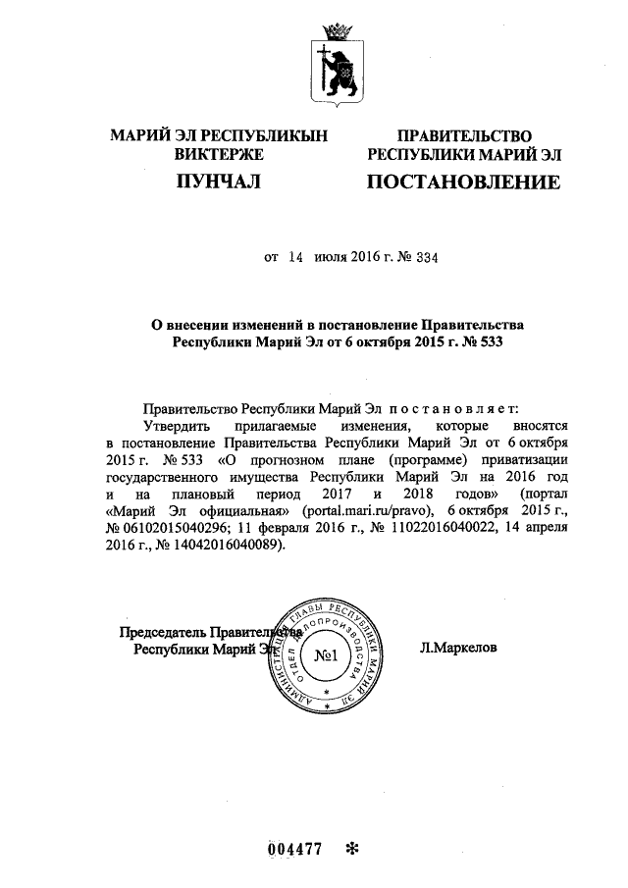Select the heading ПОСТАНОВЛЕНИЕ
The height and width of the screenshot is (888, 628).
[463, 183]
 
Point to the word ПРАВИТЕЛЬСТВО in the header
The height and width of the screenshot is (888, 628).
[463, 135]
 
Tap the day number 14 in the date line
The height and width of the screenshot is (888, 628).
[295, 258]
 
